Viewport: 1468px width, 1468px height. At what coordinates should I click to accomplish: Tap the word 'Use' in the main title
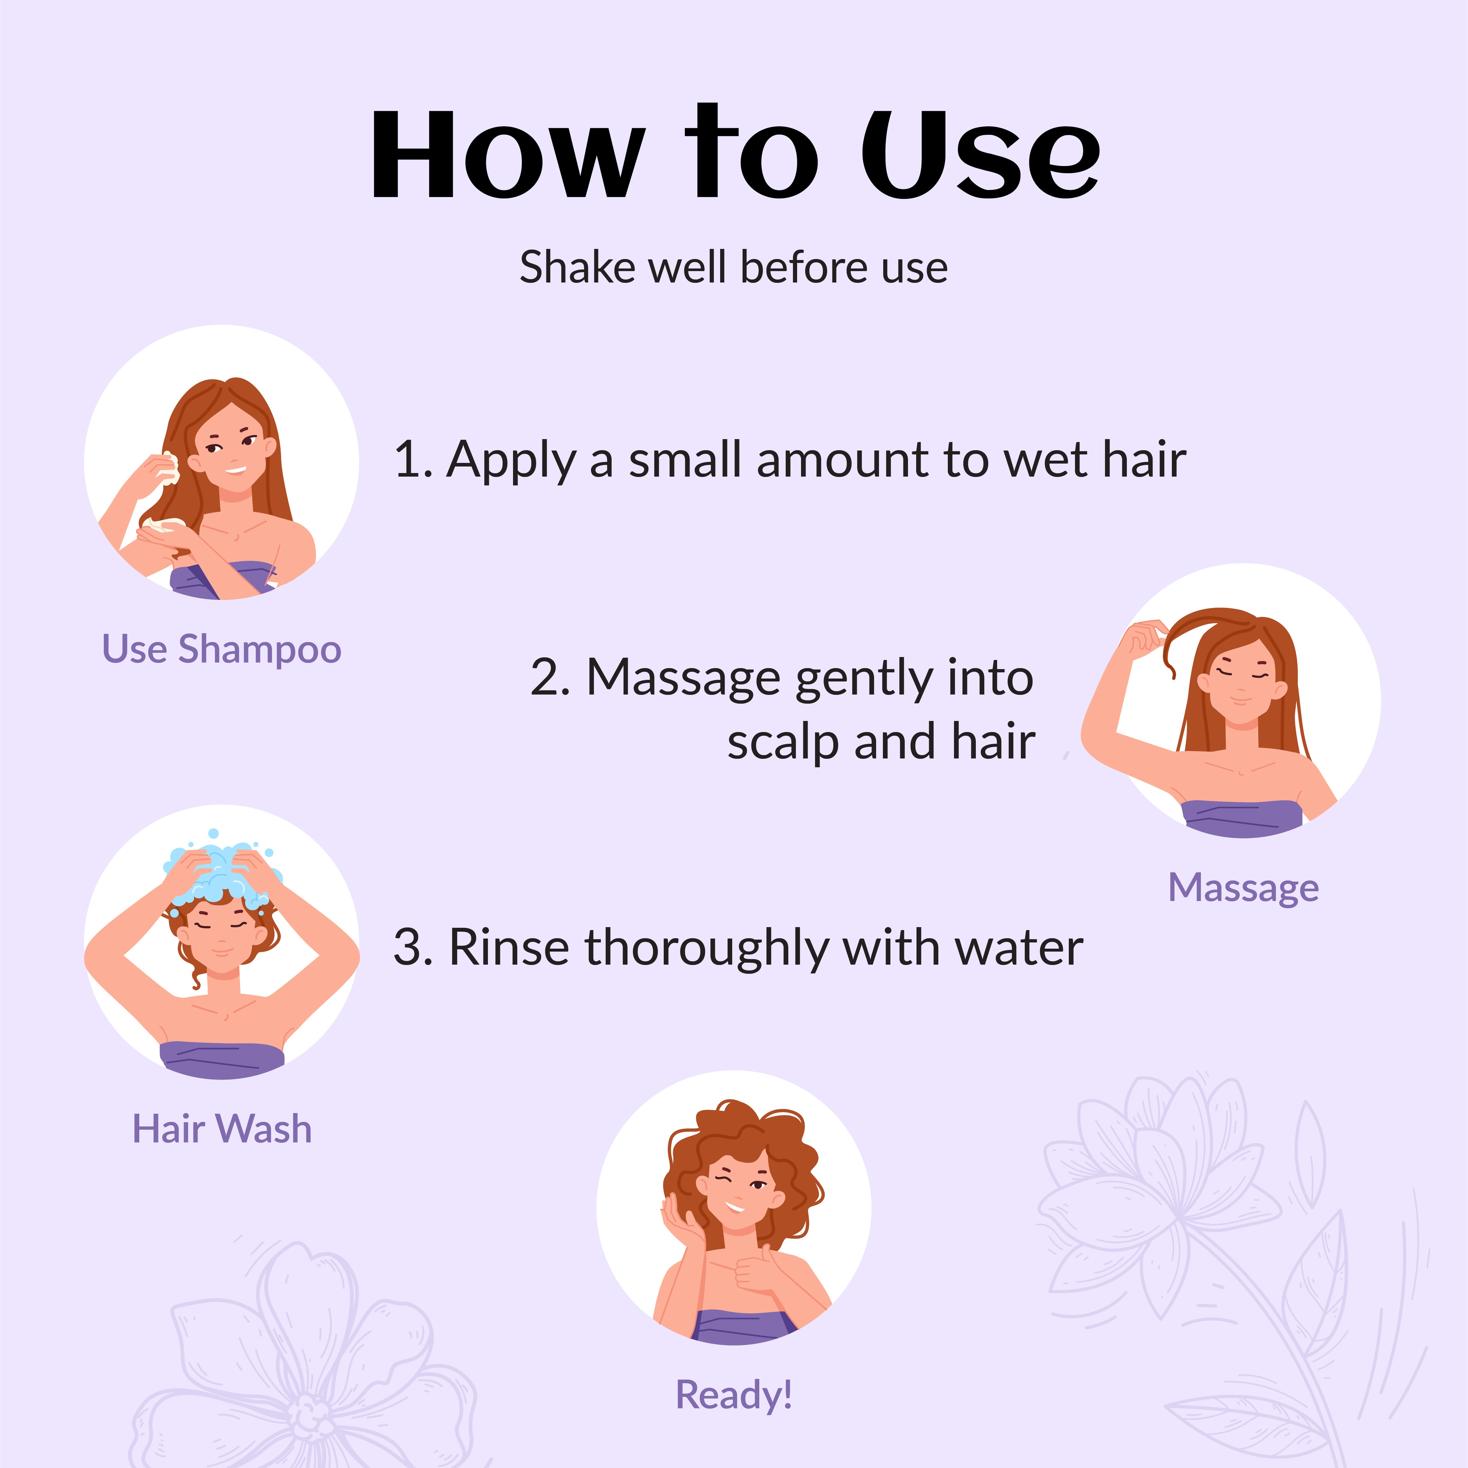coord(980,154)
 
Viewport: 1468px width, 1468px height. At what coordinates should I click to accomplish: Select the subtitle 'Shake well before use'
coord(733,268)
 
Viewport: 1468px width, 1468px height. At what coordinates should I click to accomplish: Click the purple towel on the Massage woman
coord(1242,818)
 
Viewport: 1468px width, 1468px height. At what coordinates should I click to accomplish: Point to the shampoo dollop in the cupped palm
coord(161,524)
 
